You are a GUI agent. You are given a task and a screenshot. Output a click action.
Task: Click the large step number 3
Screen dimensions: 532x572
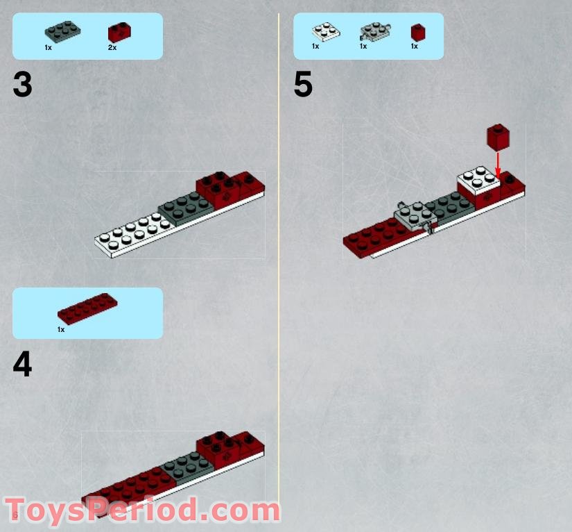pos(22,85)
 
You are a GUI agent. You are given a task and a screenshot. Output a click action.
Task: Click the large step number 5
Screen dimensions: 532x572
pos(303,85)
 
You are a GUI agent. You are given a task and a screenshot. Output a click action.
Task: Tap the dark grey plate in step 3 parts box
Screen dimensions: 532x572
pos(60,32)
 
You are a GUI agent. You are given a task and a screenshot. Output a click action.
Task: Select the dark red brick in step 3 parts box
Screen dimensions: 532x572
pos(119,32)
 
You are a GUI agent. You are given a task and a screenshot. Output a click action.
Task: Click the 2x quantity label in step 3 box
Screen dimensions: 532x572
pos(112,47)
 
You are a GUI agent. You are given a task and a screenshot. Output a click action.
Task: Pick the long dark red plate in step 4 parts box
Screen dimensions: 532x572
pos(87,309)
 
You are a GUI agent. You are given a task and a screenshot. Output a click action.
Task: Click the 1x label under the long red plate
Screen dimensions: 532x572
pos(61,329)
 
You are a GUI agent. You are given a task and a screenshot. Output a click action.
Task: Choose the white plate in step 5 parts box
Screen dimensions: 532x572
pos(324,32)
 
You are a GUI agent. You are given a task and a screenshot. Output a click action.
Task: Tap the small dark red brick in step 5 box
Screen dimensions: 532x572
pos(417,32)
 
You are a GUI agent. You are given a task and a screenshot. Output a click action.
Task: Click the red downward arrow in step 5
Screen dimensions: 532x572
pos(498,163)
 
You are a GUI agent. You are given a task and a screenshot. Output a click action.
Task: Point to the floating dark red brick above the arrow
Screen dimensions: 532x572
pos(498,137)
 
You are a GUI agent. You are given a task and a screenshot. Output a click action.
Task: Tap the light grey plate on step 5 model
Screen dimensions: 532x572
pos(415,214)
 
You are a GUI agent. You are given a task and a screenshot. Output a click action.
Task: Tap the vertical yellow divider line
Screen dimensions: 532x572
pos(279,264)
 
